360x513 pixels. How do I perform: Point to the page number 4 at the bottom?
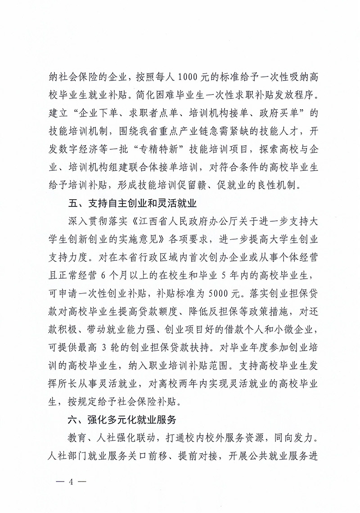[x=70, y=482]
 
